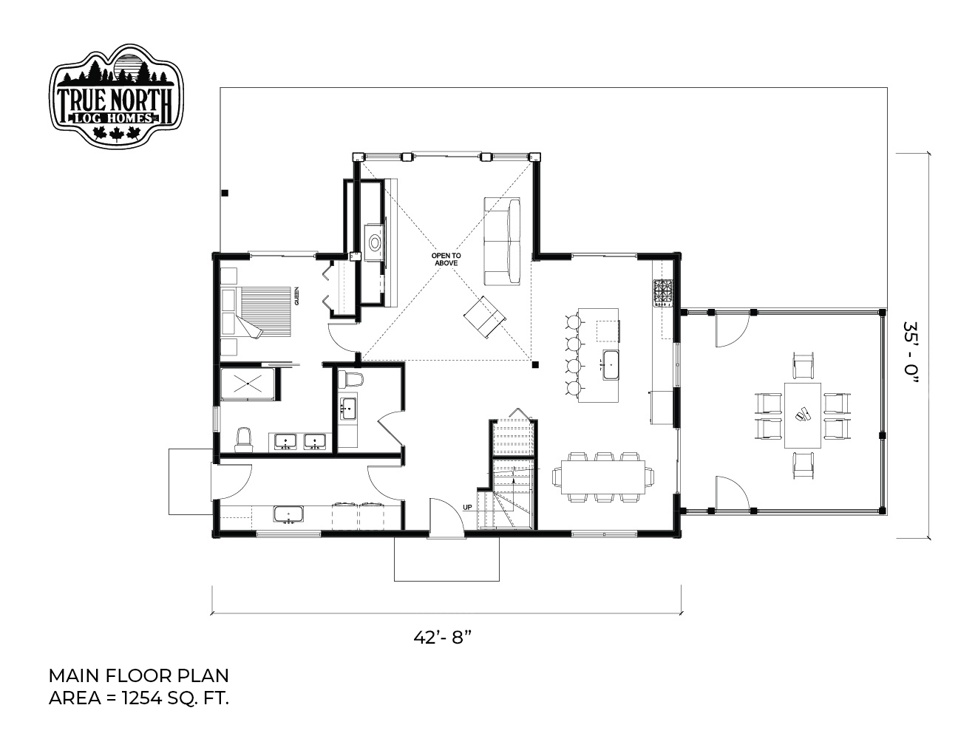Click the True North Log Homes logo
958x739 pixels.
[x=116, y=95]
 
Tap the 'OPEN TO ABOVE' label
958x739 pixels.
[x=446, y=259]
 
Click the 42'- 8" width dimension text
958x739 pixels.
[x=443, y=637]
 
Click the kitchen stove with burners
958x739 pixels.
[x=663, y=293]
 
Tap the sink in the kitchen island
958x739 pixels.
[x=611, y=365]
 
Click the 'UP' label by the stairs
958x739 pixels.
[x=467, y=507]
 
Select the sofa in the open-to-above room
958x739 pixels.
[x=502, y=242]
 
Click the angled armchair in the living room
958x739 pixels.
[x=484, y=317]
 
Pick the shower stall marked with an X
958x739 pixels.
[x=248, y=384]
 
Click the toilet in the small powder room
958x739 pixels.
[x=350, y=378]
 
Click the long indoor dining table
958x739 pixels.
[x=603, y=477]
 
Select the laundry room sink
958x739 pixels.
[x=288, y=514]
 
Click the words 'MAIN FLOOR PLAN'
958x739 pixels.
[x=138, y=675]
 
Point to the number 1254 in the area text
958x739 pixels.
[x=137, y=698]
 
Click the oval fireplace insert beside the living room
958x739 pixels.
[x=375, y=242]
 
